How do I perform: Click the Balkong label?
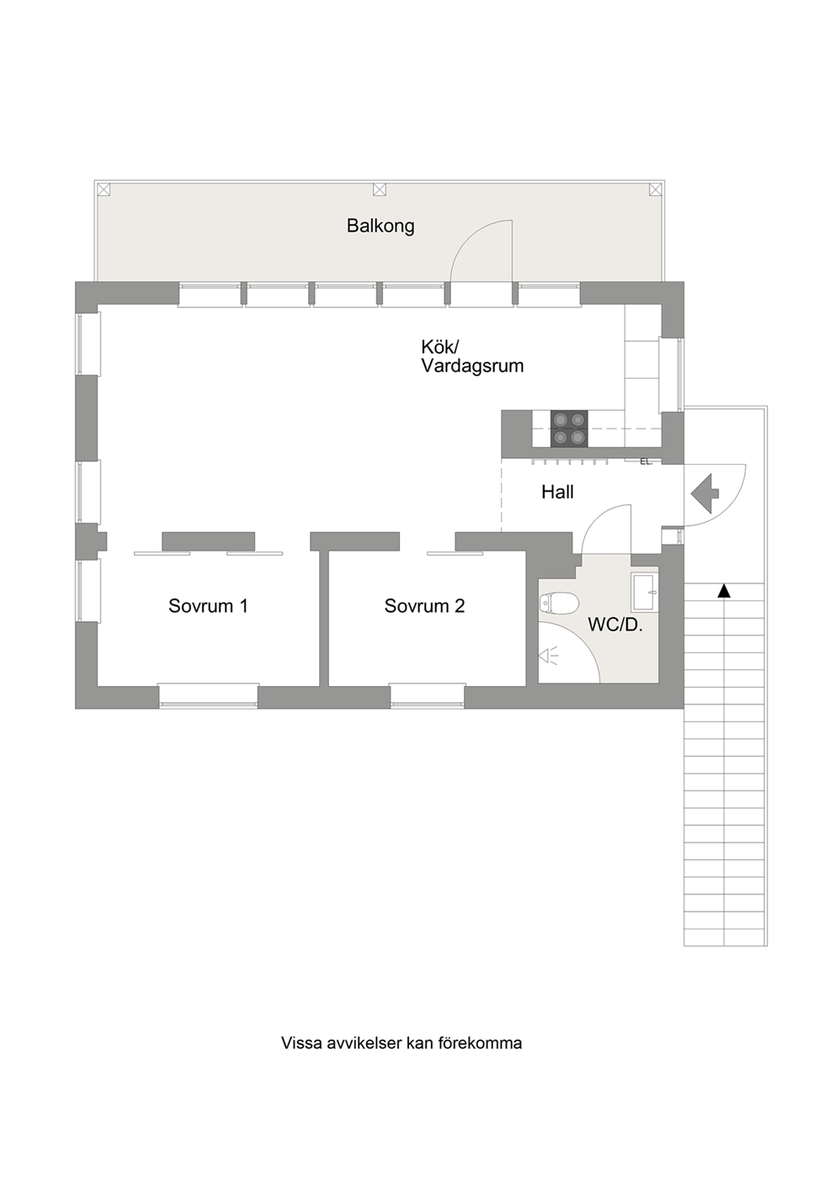tap(380, 226)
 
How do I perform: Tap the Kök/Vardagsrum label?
tap(472, 357)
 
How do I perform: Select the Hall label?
tap(557, 492)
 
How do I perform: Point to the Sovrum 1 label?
tap(208, 606)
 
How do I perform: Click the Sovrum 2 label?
tap(424, 606)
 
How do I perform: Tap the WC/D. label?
tap(615, 625)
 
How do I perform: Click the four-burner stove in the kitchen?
tap(569, 428)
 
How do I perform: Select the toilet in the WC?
tap(559, 603)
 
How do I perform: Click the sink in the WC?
tap(645, 593)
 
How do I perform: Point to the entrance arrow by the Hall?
tap(705, 493)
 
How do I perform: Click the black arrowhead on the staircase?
tap(724, 591)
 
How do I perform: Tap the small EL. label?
tap(646, 462)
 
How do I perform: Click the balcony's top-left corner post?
tap(104, 189)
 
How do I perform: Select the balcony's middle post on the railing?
tap(380, 189)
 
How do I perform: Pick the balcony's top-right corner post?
tap(655, 189)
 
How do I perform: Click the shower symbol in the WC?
tap(548, 656)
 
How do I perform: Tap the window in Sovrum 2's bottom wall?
tap(428, 695)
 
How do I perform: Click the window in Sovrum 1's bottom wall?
tap(208, 695)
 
